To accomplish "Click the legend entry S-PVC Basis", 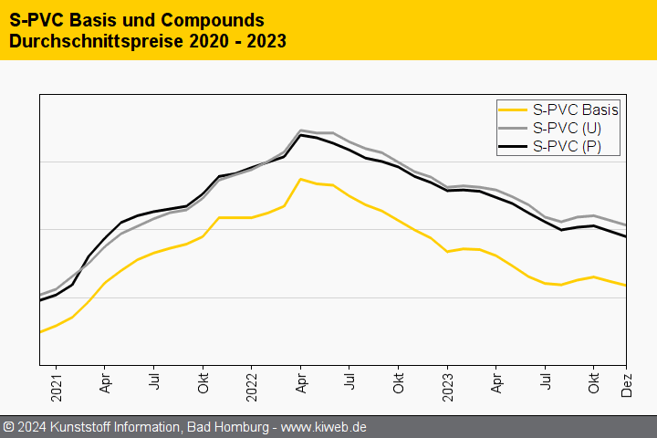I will tap(575, 110).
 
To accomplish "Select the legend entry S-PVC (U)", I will tap(567, 128).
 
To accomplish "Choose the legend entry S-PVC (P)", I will tap(567, 146).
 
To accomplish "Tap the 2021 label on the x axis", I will tap(56, 386).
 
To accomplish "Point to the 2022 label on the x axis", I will tap(252, 386).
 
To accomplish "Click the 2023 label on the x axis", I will tap(447, 386).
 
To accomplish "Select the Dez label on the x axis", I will tap(627, 386).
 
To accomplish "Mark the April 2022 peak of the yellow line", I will tap(300, 179).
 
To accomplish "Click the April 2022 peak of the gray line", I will tap(300, 130).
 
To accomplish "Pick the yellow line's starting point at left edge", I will tap(40, 332).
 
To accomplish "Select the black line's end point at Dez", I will tap(626, 237).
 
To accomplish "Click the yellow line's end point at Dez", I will tap(626, 286).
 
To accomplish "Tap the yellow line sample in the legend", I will tap(512, 110).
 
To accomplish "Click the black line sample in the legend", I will tap(512, 146).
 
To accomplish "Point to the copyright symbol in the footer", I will tap(9, 427).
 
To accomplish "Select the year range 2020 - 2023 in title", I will tap(236, 41).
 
